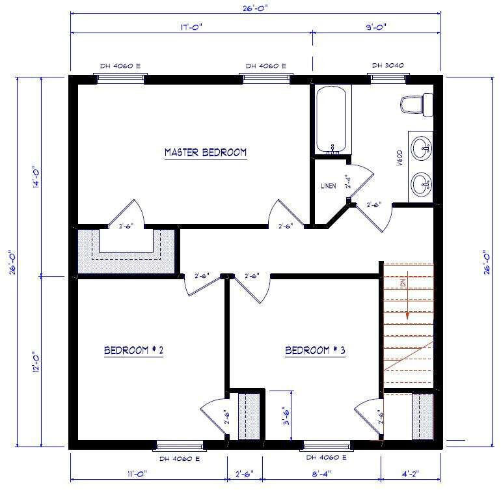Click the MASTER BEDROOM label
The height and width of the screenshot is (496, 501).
point(206,152)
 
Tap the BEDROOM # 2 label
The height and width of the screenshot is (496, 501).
point(133,351)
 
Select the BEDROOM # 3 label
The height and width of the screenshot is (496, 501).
point(315,351)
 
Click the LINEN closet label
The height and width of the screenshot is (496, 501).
point(329,186)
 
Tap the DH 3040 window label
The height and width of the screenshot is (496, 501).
point(388,66)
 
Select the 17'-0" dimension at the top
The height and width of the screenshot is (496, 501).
point(190,28)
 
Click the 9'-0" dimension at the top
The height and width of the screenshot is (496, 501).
point(377,28)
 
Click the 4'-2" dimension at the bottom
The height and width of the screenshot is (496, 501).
point(412,474)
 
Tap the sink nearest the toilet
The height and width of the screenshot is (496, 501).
point(422,145)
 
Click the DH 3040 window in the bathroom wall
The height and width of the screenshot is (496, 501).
point(388,78)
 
